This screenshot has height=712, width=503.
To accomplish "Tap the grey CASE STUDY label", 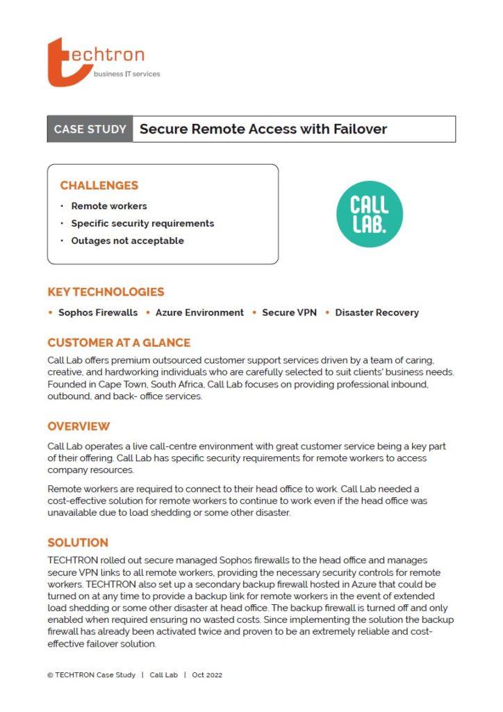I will [x=90, y=129].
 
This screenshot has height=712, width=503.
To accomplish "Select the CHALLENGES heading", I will [x=99, y=186].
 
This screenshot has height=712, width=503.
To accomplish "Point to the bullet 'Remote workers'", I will [x=109, y=206].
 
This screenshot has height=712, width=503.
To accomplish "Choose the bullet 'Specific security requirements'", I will [x=142, y=223].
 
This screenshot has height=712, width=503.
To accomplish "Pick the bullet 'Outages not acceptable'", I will [x=127, y=241].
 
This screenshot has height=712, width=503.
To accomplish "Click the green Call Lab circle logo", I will [x=369, y=214].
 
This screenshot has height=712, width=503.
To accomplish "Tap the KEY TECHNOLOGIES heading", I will [x=106, y=292].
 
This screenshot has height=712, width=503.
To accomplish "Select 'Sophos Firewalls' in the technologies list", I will [x=98, y=313].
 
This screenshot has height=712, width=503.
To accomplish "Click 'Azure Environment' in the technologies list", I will [x=199, y=313].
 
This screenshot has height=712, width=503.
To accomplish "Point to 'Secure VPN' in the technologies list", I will [x=289, y=313].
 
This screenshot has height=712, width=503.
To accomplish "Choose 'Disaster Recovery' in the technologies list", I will [x=377, y=313].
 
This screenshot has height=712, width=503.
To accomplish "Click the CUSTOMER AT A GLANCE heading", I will [x=119, y=343].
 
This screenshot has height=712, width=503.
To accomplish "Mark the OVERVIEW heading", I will [x=79, y=426].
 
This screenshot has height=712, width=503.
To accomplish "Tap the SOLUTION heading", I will [x=78, y=542].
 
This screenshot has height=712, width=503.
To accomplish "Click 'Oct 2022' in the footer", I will [x=207, y=675].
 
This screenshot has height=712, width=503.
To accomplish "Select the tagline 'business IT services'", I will [x=126, y=74].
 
